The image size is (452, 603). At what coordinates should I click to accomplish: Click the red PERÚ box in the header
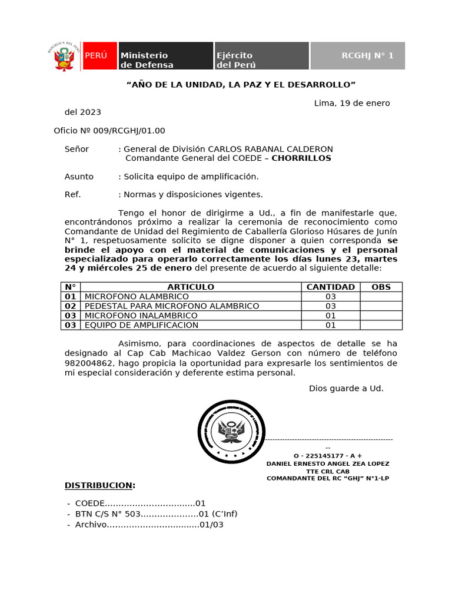tap(99, 56)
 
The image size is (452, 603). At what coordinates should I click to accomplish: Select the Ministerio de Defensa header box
tap(165, 56)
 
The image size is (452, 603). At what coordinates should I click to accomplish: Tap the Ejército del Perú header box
tap(261, 56)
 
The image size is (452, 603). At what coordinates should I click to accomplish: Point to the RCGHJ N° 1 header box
tap(357, 56)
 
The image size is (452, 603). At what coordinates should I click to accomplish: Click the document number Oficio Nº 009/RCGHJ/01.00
tap(109, 131)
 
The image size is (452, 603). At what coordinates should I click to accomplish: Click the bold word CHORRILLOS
tap(301, 158)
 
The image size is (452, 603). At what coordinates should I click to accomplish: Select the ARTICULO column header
tap(191, 287)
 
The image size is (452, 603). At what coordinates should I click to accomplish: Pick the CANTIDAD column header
tap(330, 287)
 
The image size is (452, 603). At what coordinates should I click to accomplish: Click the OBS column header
tap(381, 287)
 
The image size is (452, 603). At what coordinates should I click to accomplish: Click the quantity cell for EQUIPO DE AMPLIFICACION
tap(330, 325)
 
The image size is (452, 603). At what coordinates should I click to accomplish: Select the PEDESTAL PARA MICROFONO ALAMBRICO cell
tap(172, 306)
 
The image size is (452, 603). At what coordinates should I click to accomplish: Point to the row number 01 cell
tap(71, 297)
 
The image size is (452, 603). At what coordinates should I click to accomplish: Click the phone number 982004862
tap(89, 363)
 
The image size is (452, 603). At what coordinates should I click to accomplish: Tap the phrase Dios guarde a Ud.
tap(346, 389)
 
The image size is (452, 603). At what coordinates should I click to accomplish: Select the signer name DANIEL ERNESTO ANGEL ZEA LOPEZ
tap(328, 463)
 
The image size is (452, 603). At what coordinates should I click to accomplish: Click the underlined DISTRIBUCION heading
tap(99, 485)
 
